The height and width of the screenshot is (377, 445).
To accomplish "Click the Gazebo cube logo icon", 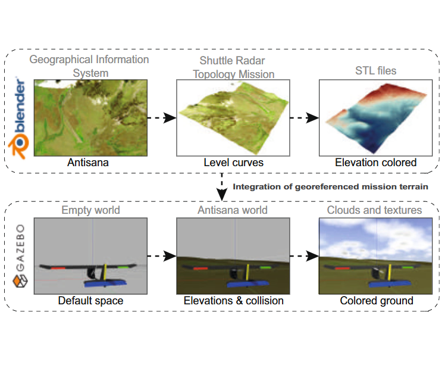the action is (20, 281).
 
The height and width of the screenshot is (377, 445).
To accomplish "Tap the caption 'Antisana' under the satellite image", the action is (88, 163).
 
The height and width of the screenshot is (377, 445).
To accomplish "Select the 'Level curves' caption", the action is (234, 163).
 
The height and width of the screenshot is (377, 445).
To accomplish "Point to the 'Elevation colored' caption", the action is (376, 163).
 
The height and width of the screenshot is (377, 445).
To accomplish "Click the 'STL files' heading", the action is (376, 71).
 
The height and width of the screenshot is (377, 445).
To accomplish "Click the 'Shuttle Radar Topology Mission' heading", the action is (233, 67).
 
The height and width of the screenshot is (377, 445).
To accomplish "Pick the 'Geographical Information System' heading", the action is (89, 66).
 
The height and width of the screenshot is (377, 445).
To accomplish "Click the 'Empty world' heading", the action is (90, 210).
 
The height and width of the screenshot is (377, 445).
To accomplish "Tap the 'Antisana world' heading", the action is (233, 210).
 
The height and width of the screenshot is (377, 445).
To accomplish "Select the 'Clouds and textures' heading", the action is (374, 210).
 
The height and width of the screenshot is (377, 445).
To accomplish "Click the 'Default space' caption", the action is (90, 301).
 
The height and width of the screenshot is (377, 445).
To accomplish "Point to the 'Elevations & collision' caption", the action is (234, 301).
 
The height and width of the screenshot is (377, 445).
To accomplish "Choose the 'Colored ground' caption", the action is (377, 301).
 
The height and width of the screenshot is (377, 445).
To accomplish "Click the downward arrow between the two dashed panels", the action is (222, 187).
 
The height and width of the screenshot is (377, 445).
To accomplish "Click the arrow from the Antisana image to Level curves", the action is (162, 117).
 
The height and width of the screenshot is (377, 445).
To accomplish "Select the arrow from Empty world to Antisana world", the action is (162, 256).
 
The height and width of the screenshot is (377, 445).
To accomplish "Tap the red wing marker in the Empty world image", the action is (58, 268).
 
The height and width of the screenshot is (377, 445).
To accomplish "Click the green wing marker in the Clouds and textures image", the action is (408, 267).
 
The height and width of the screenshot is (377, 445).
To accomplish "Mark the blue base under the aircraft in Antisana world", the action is (247, 283).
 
